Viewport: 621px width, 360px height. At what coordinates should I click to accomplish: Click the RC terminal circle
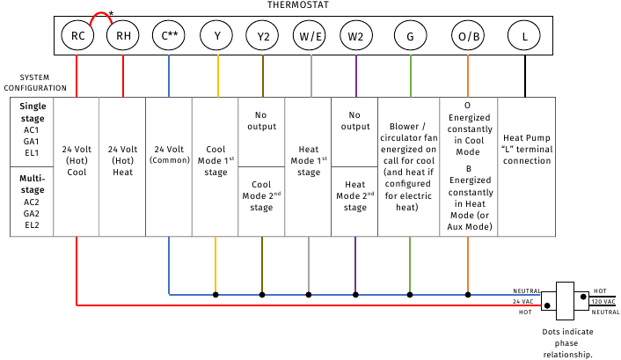click(77, 37)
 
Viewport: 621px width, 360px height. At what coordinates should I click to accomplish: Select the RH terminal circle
click(122, 37)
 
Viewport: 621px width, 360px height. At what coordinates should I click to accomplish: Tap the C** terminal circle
click(168, 37)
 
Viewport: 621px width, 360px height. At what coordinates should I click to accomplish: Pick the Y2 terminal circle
click(262, 37)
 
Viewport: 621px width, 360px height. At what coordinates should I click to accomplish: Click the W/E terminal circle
click(310, 37)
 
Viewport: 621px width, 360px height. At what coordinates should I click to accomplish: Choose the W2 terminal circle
click(355, 37)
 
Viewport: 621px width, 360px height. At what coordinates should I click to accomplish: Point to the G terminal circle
click(410, 37)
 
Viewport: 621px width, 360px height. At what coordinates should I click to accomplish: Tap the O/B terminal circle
click(467, 37)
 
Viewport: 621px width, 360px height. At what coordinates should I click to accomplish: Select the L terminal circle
click(525, 37)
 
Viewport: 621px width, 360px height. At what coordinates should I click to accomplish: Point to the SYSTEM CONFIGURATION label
click(34, 83)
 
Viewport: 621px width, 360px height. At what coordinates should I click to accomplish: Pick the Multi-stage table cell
click(33, 202)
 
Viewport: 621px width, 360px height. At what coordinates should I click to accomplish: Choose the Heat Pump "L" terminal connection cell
click(526, 149)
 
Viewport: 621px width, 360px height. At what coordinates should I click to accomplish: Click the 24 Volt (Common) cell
click(168, 154)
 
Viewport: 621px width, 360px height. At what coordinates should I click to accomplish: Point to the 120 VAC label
click(603, 301)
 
